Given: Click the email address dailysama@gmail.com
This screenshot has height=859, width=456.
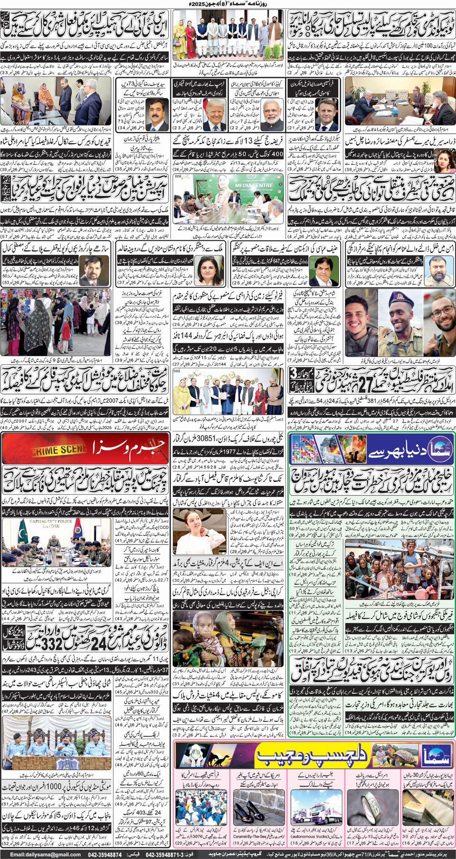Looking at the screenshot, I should point(45,854).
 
